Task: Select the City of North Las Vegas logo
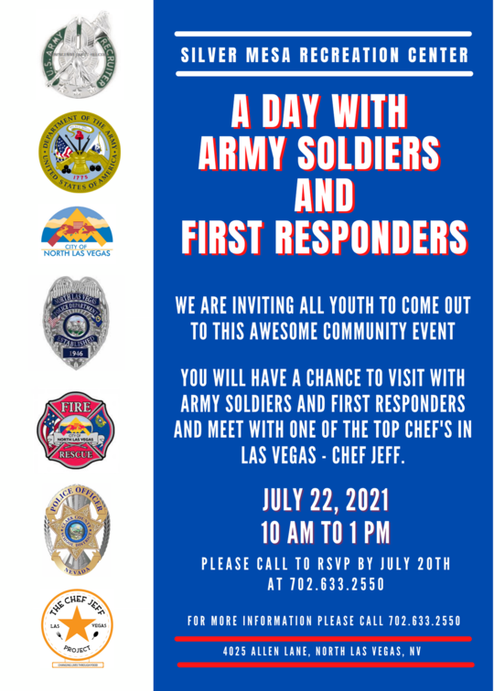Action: click(x=76, y=232)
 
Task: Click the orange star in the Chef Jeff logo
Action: click(x=76, y=630)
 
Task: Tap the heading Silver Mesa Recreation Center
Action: click(x=325, y=55)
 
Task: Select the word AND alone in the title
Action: click(x=325, y=195)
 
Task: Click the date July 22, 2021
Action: click(x=326, y=500)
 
